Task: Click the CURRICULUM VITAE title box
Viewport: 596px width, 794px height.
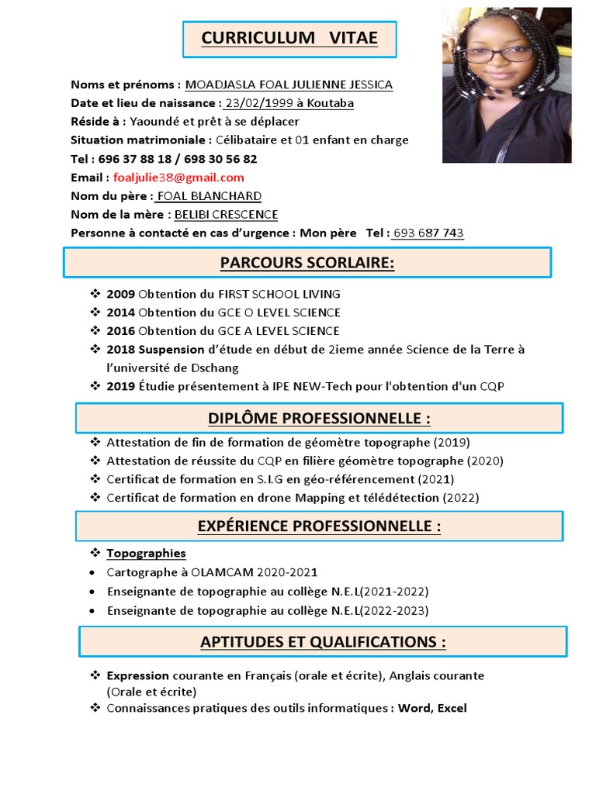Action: (289, 39)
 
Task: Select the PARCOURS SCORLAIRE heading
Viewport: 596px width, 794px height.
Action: (307, 263)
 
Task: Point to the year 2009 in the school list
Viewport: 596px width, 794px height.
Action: (120, 295)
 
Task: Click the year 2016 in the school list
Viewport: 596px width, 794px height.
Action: (120, 331)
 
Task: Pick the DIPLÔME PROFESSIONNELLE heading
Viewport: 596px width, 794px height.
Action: (319, 419)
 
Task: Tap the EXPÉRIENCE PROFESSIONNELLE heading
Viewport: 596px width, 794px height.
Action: (319, 526)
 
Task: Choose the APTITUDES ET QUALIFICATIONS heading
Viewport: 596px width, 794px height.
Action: (323, 642)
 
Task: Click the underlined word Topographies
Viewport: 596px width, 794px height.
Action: (146, 554)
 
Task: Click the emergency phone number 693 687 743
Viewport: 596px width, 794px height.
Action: (428, 233)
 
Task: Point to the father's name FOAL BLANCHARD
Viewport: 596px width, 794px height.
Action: (209, 196)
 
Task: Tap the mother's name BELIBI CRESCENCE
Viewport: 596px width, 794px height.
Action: (226, 215)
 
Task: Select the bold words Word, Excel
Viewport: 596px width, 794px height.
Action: (432, 709)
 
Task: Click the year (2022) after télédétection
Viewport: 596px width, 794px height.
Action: (462, 498)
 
